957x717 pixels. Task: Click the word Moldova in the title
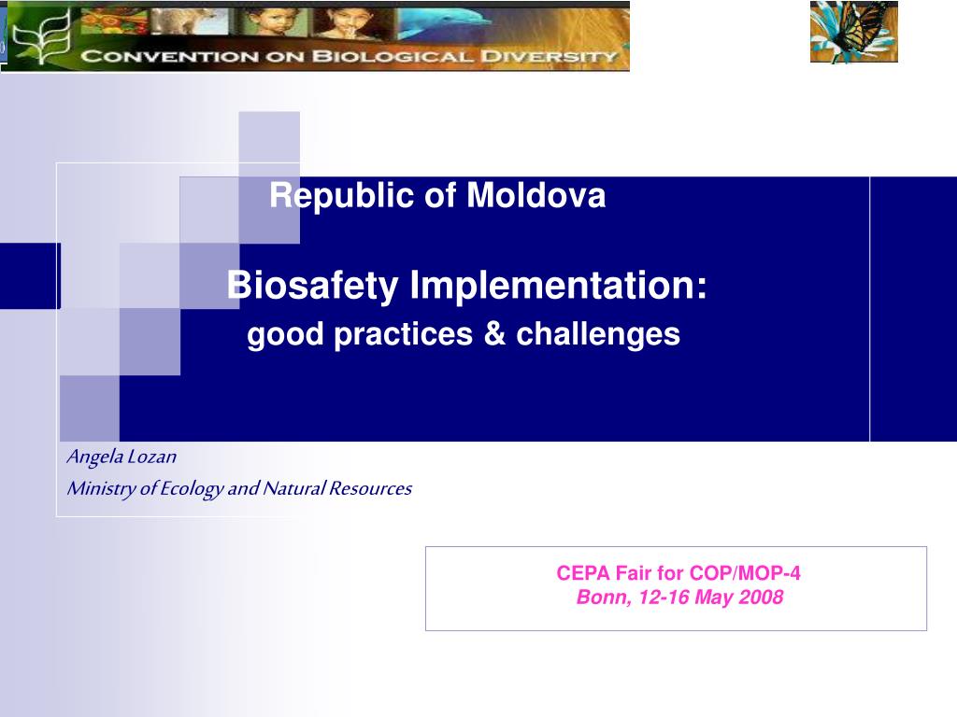coord(536,196)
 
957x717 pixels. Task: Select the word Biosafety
coord(312,286)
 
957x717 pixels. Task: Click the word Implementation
coord(558,286)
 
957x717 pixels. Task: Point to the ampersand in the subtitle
coord(494,333)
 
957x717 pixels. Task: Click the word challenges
coord(598,335)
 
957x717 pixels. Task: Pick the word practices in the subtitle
coord(404,335)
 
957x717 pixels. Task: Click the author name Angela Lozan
coord(121,457)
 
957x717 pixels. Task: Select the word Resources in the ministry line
coord(370,488)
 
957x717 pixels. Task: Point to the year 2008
coord(761,597)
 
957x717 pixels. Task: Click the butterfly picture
coord(854,32)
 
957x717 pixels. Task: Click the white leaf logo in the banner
coord(42,35)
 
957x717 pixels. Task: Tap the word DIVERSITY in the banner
coord(549,57)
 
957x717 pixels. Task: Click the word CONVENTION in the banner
coord(170,57)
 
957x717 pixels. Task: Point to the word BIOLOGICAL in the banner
coord(393,57)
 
